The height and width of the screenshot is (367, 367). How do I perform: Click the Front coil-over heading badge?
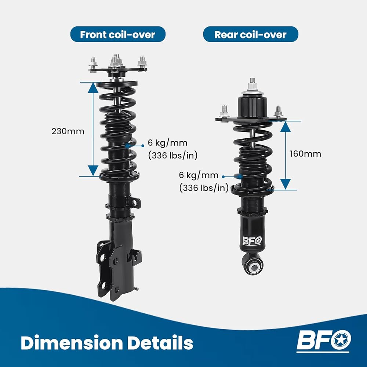[118, 34]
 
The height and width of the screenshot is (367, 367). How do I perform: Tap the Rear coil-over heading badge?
[250, 34]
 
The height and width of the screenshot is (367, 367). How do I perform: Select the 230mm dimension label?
[68, 131]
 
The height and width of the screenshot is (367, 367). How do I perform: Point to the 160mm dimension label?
[305, 154]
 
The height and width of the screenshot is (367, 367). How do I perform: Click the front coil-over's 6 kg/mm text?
[168, 143]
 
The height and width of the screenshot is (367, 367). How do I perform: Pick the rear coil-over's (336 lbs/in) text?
[204, 188]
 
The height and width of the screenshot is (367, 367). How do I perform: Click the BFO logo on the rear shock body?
[252, 241]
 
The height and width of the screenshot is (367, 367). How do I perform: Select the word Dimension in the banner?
[72, 343]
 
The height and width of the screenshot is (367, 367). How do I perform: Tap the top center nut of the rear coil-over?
[252, 86]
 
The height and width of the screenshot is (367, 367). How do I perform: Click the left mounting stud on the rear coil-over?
[224, 112]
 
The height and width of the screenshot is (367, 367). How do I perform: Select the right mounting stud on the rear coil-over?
[278, 111]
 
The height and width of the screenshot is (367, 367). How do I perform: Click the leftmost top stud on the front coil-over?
[93, 63]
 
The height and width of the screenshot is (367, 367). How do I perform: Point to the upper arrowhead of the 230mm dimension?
[93, 88]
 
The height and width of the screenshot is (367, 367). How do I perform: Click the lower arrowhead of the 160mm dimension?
[286, 184]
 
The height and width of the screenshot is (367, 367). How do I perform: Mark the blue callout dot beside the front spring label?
[143, 146]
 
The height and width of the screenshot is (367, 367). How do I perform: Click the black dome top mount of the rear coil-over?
[252, 107]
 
